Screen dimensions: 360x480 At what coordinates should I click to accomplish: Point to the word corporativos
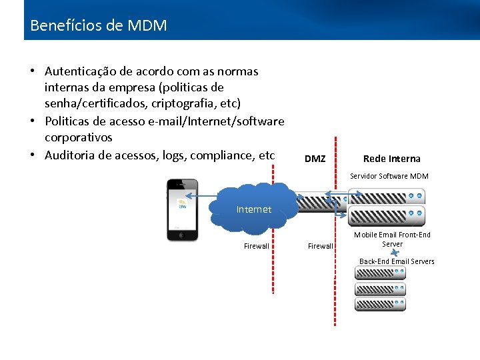coord(79,137)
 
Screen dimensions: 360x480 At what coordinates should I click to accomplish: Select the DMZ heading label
coord(315,159)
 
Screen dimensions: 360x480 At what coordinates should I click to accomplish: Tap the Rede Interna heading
coord(391,159)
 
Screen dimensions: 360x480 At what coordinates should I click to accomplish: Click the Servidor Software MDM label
coord(389,176)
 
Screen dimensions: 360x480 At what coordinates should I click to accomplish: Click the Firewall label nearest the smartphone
coord(256,246)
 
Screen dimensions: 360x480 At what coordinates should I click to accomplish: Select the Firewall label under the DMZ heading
coord(320,246)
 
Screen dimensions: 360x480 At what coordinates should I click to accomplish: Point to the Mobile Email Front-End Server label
coord(392,239)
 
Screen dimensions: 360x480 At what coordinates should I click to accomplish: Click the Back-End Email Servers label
coord(397,261)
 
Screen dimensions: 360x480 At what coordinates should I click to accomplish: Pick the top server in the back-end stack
coord(380,274)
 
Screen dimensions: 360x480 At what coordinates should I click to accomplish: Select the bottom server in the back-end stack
coord(380,304)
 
